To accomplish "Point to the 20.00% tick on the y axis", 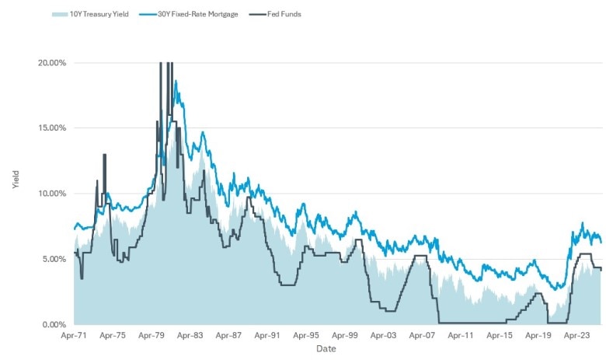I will tap(52, 63).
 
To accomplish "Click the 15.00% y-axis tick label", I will tap(52, 128).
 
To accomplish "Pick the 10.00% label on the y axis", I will tap(52, 194).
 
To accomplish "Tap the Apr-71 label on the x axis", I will tap(75, 337).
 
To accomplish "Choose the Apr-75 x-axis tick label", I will tap(113, 337).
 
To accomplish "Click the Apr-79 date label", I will tap(151, 337).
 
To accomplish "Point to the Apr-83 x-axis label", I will tap(190, 337).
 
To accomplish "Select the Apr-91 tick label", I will tap(267, 337).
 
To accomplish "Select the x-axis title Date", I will tap(326, 349).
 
